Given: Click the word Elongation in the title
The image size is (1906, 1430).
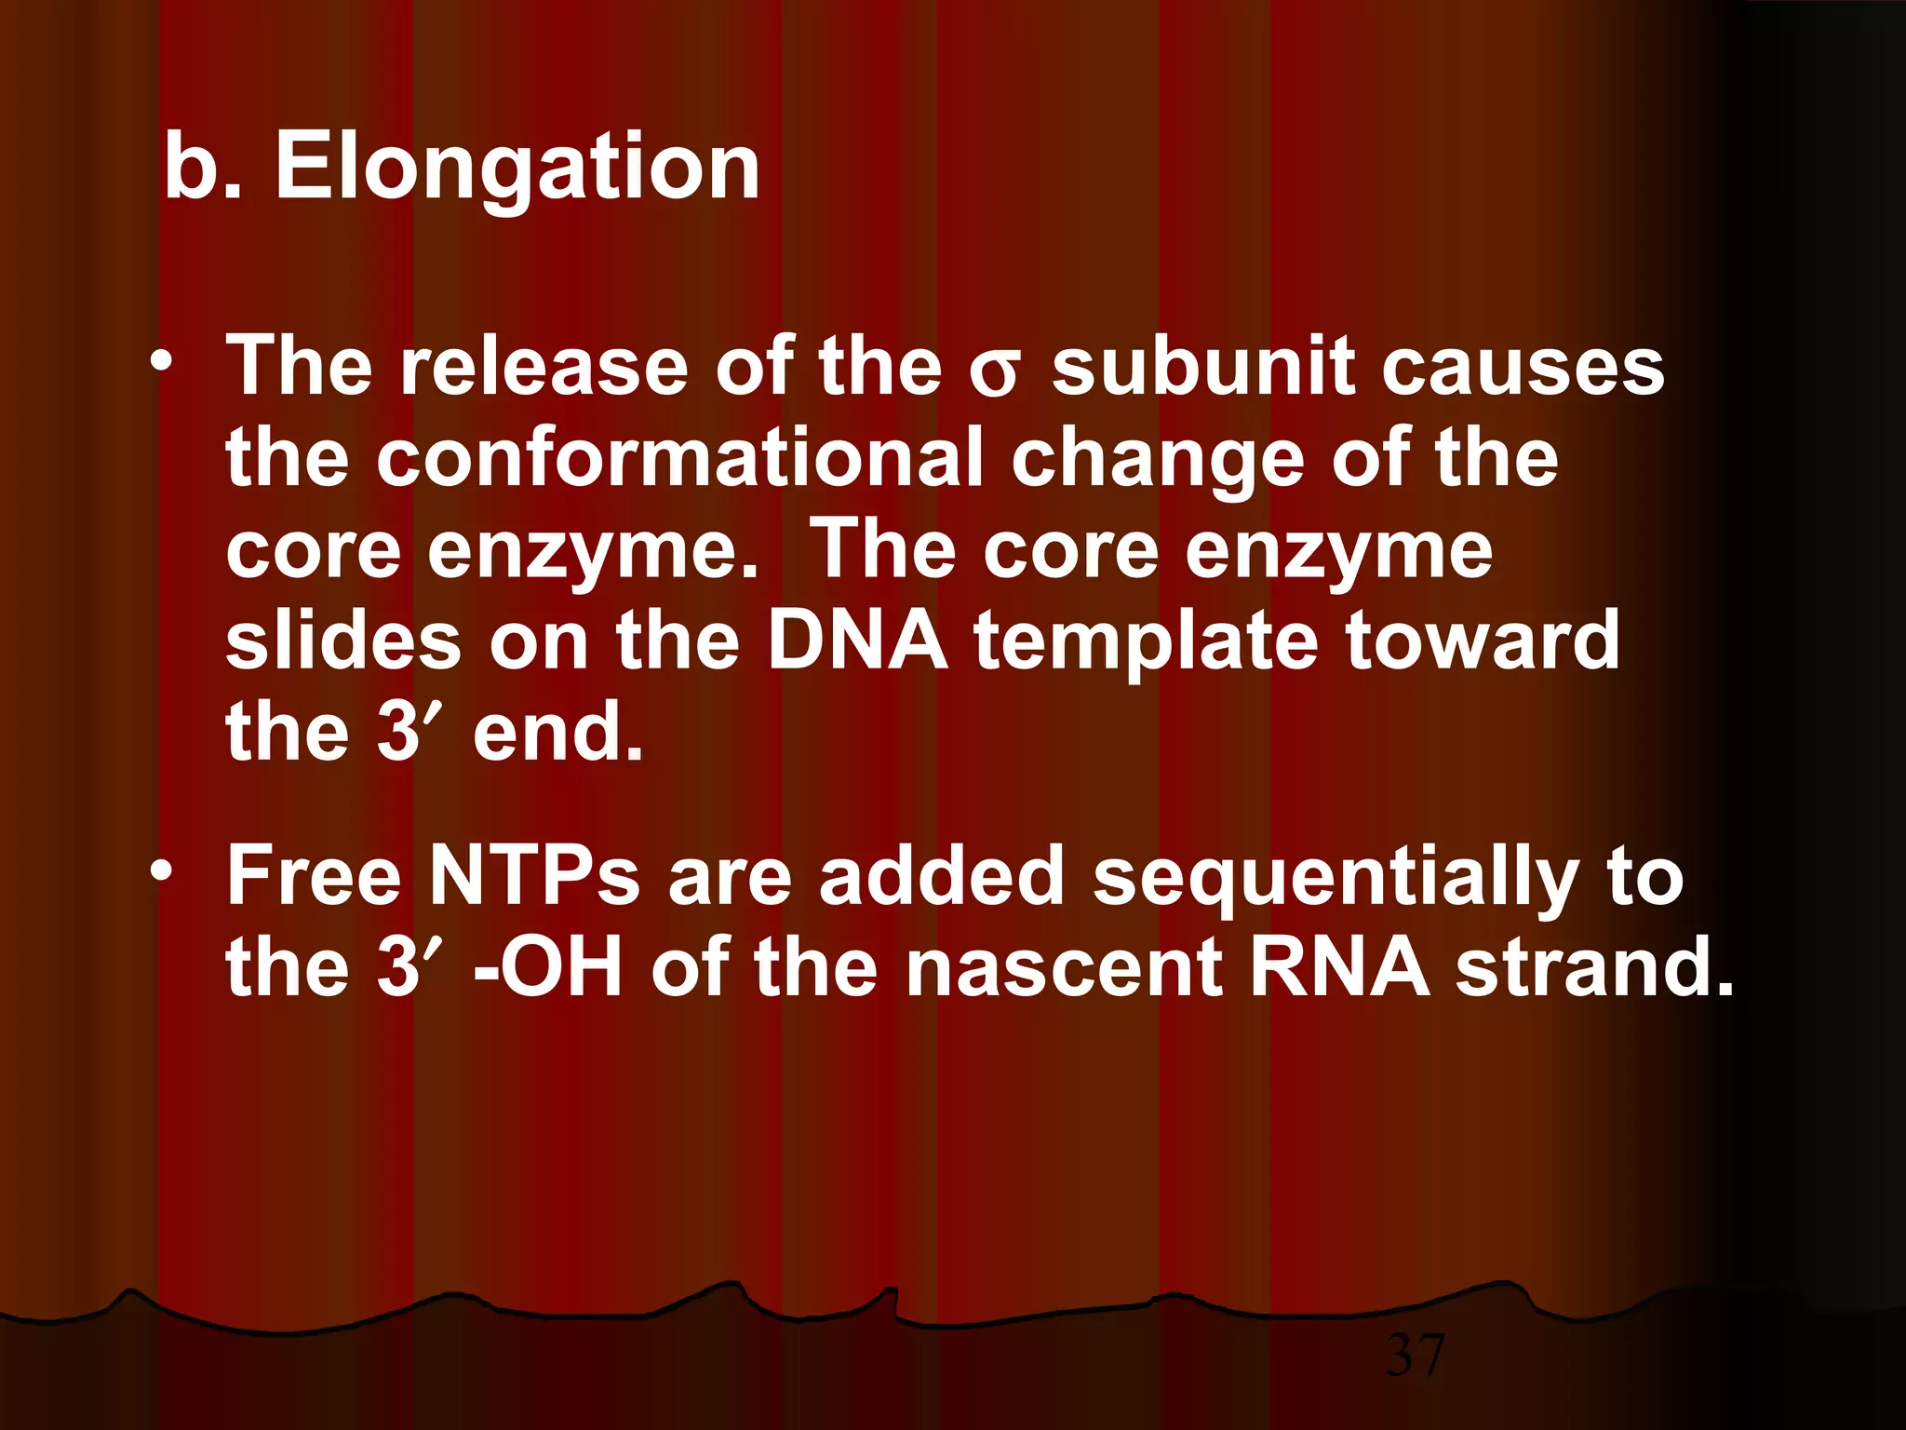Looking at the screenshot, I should coord(517,168).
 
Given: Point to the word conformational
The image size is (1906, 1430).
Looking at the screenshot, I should coord(678,457).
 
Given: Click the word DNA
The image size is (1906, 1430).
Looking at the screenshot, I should coord(856,640).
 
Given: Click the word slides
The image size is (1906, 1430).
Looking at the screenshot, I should coord(343,640).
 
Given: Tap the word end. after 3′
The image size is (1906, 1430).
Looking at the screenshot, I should coord(557,732).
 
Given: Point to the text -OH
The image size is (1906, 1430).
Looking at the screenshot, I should coord(547,967).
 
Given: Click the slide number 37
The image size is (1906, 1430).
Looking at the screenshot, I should coord(1416,1355).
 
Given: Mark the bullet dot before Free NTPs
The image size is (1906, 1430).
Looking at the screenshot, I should coord(163,871).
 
